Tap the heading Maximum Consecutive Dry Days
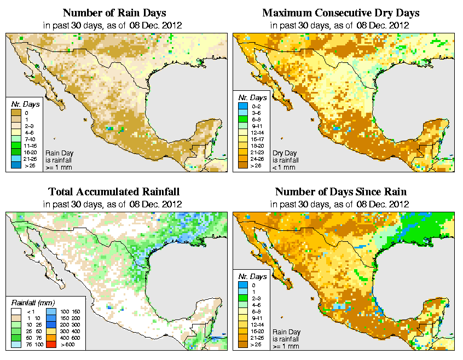(x=341, y=13)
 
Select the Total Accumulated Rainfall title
(x=113, y=192)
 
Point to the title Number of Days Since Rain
(x=341, y=192)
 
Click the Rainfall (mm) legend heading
(x=33, y=302)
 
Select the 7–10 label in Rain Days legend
(x=29, y=145)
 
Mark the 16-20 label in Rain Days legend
(x=30, y=158)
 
